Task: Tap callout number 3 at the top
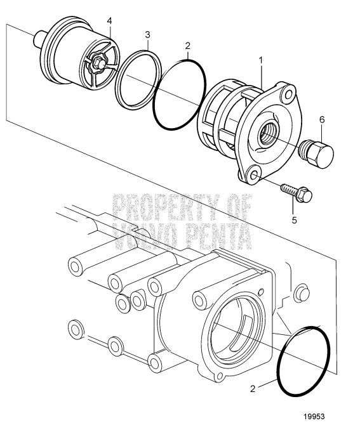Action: pos(147,34)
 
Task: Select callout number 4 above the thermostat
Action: pos(109,21)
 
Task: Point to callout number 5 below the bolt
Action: pos(293,220)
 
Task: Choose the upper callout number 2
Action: pos(187,46)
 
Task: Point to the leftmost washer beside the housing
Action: pos(74,328)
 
